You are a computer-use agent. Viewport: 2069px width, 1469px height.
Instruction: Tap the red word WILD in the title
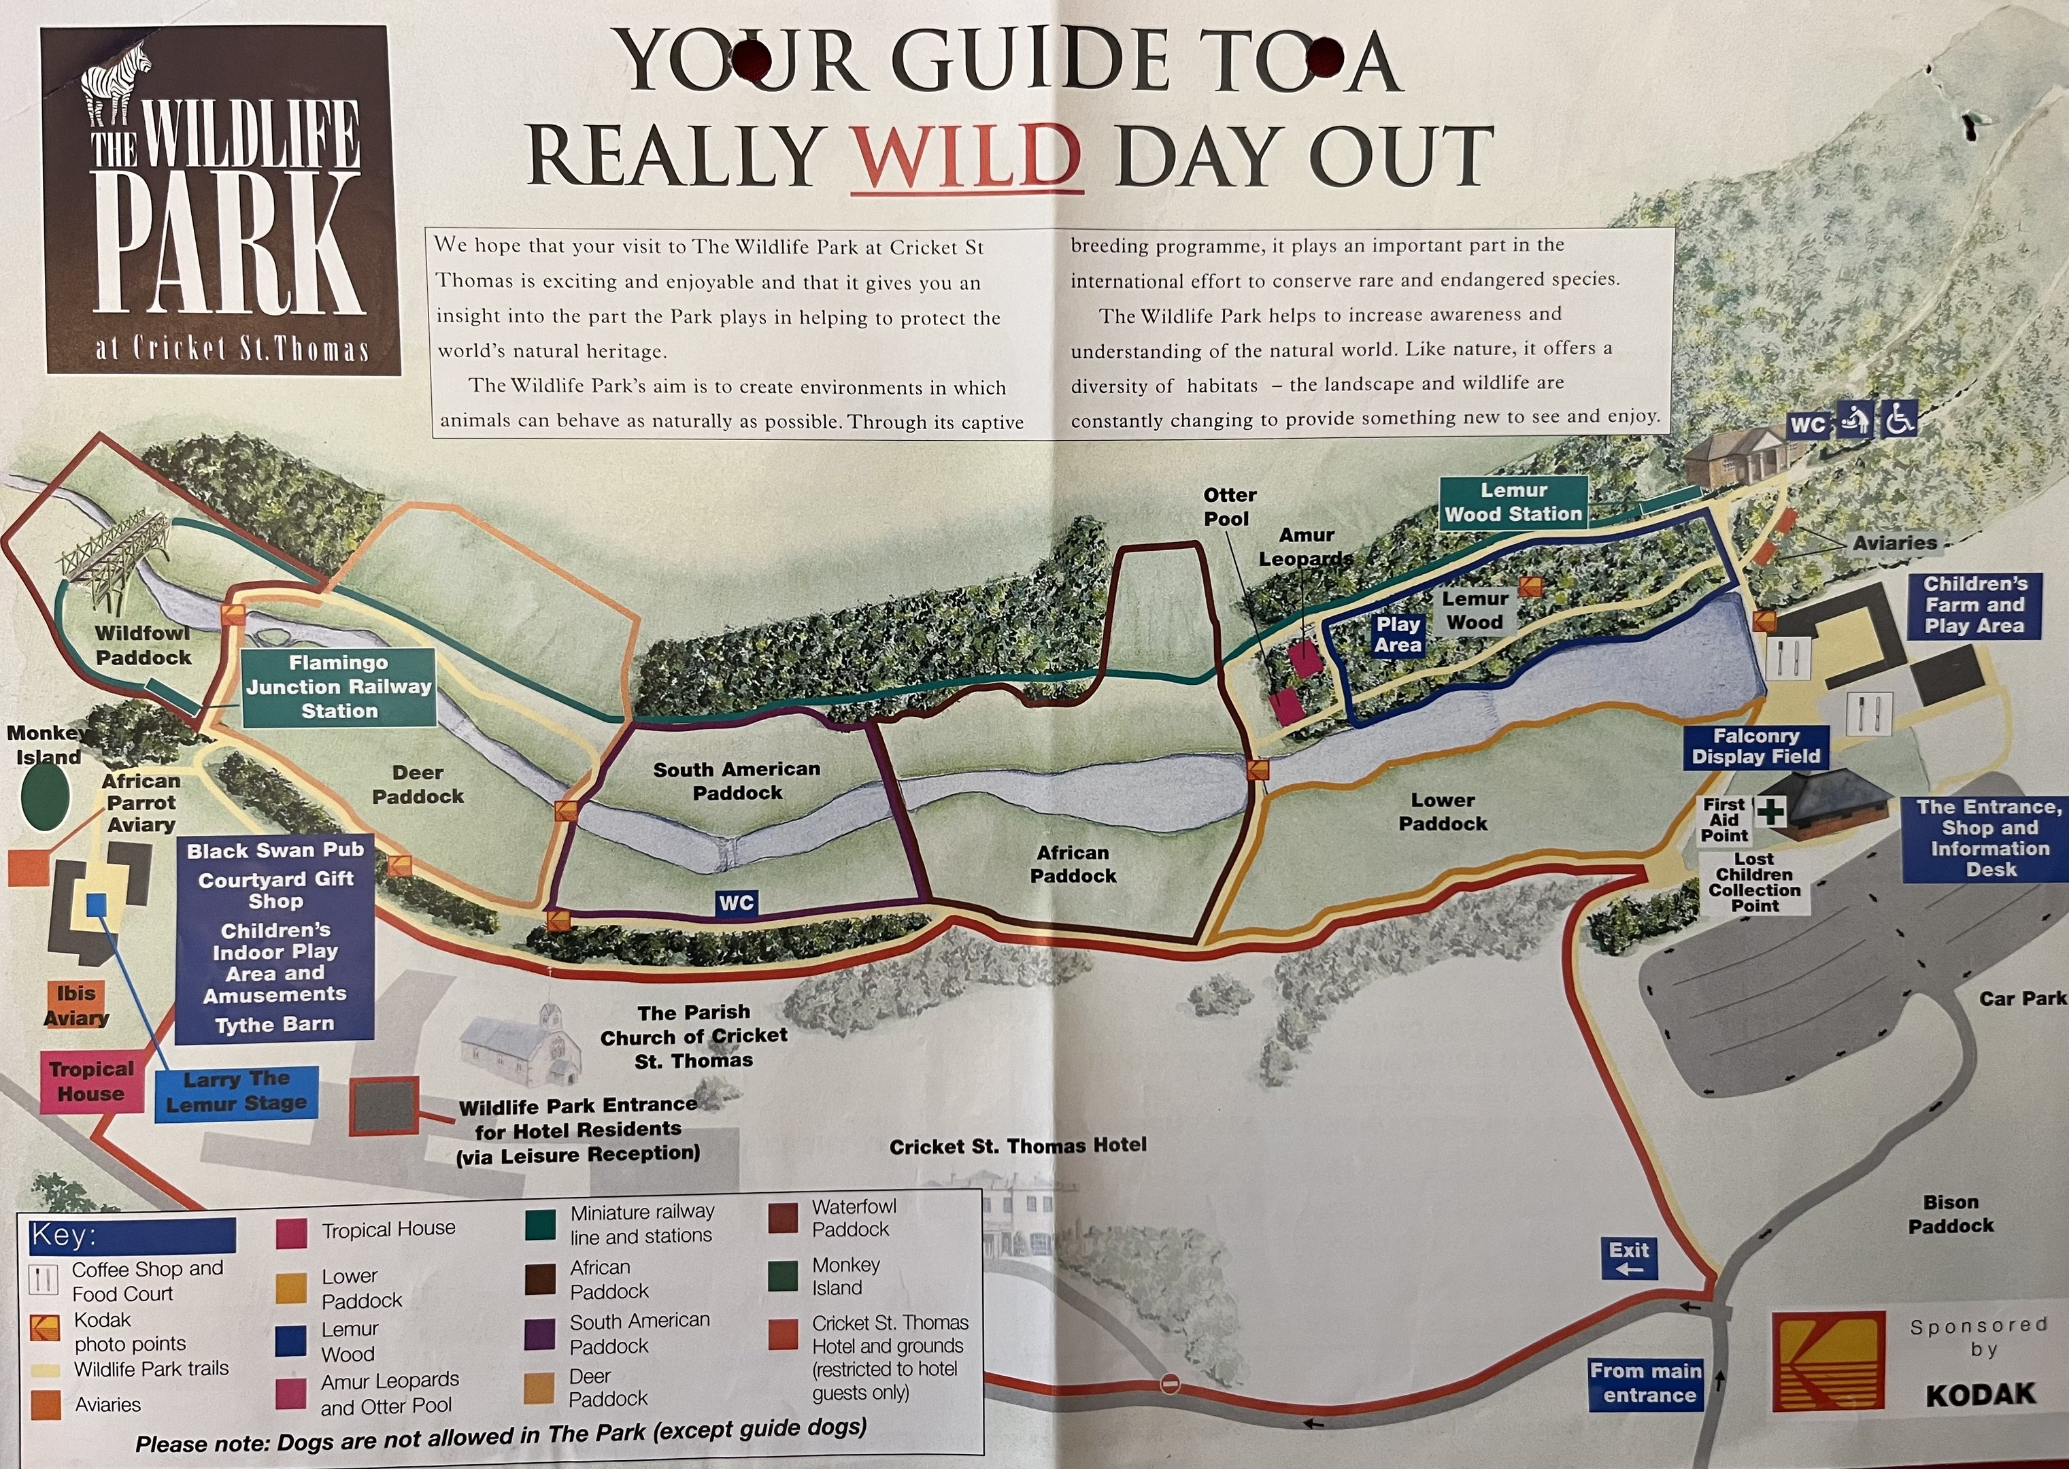coord(966,154)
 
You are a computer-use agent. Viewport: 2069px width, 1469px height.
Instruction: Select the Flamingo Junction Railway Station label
coord(338,688)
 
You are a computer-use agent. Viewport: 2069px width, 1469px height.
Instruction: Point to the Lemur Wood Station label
coord(1513,502)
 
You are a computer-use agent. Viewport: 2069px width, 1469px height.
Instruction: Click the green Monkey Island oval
coord(46,796)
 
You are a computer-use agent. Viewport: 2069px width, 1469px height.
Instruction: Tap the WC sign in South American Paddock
coord(735,902)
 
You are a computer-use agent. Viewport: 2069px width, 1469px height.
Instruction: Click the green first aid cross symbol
coord(1770,811)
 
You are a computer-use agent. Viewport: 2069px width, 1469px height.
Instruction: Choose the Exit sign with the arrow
coord(1628,1258)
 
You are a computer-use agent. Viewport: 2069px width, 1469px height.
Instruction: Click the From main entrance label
coord(1646,1383)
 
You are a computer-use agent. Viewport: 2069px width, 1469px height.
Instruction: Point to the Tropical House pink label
coord(91,1082)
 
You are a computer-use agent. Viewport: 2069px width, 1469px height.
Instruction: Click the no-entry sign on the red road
coord(1170,1384)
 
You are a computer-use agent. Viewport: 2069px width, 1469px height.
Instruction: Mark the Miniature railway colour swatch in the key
coord(540,1224)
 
